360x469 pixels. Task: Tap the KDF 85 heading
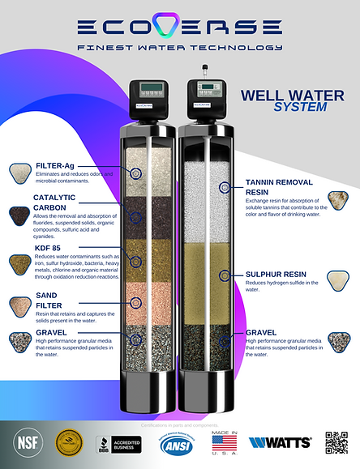pos(49,248)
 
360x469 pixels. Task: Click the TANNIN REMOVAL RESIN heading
pos(281,189)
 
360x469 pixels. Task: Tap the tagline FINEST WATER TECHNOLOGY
pos(179,48)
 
